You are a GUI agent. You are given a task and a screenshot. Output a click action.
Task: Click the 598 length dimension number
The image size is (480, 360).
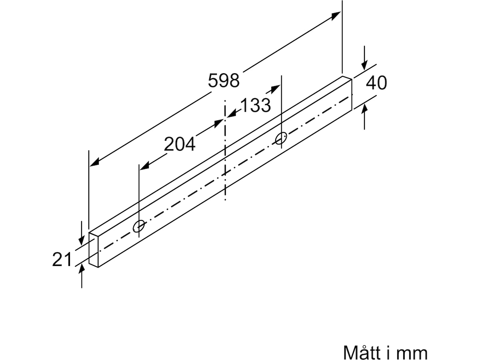point(224,80)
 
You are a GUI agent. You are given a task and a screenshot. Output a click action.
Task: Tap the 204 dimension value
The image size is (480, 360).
point(180,144)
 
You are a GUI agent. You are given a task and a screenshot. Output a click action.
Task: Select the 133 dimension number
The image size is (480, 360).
point(256,105)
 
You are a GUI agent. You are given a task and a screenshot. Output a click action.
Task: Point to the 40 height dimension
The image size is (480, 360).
point(376,83)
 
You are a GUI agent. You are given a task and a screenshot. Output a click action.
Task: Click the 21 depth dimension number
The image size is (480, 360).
point(62,259)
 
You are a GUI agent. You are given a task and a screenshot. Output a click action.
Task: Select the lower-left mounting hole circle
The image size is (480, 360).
point(139,226)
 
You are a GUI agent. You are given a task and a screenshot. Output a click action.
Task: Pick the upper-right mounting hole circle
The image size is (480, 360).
point(281,138)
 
